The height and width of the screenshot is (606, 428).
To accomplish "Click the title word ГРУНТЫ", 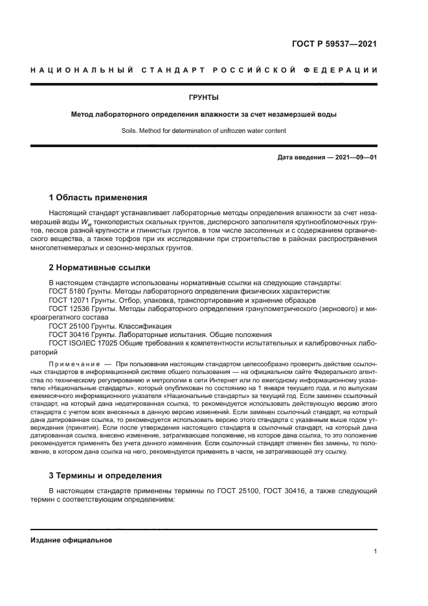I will click(x=203, y=97).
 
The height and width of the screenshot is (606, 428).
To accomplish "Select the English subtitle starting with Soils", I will click(x=203, y=130).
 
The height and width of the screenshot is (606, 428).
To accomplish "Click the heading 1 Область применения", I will click(x=98, y=198).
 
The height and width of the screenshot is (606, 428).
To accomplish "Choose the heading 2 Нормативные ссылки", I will click(x=100, y=267).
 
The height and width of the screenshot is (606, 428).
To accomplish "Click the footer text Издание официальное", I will click(x=71, y=540).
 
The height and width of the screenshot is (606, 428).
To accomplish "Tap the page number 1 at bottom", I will click(x=376, y=552).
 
